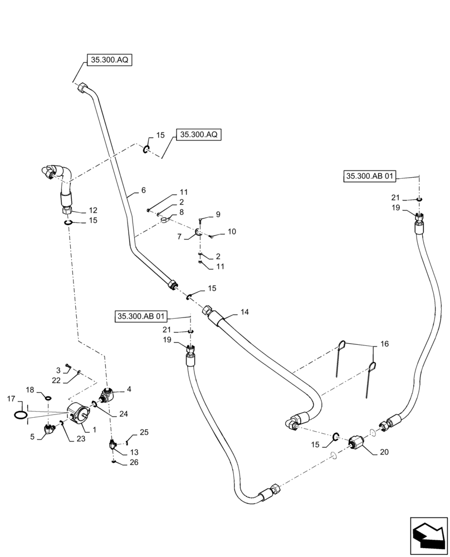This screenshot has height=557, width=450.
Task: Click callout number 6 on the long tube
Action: click(143, 190)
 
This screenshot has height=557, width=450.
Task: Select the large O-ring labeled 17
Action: click(19, 415)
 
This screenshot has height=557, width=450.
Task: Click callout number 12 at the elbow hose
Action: click(93, 210)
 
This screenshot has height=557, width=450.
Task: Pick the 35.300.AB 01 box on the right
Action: click(370, 177)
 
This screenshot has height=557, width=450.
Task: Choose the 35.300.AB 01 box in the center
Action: click(141, 316)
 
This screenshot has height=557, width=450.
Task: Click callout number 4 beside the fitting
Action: click(129, 389)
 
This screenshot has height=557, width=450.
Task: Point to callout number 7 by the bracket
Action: click(180, 237)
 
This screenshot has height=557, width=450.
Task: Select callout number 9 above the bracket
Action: click(218, 214)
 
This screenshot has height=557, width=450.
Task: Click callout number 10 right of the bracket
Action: click(232, 231)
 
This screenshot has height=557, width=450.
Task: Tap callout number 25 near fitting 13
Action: click(144, 432)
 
